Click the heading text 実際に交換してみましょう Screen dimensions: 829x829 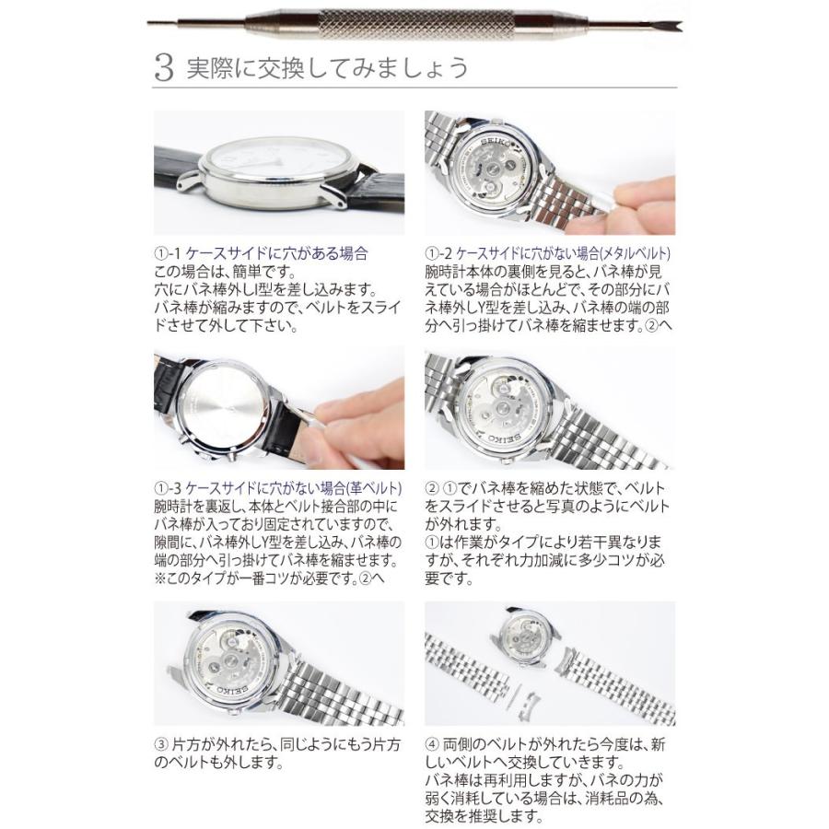(327, 69)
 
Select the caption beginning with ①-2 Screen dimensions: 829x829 (548, 252)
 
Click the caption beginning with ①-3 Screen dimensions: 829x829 (277, 487)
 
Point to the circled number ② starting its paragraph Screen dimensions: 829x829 (431, 487)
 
